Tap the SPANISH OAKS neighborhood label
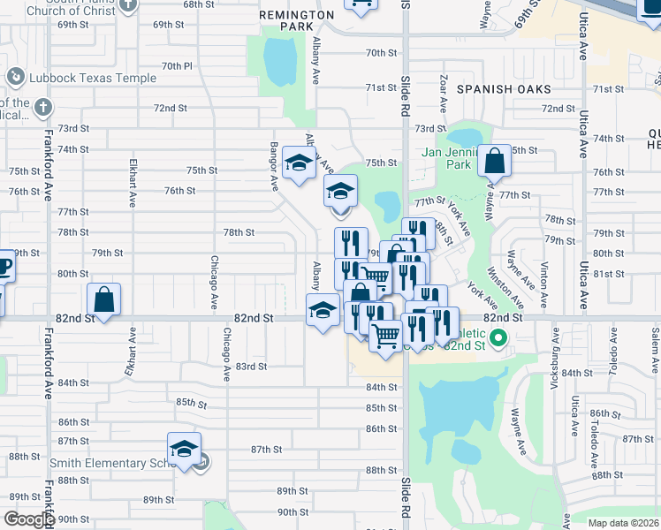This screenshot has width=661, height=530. (504, 89)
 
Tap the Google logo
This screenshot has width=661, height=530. (28, 519)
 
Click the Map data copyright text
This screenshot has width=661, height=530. (622, 522)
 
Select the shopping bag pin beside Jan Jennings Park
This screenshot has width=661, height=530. (495, 161)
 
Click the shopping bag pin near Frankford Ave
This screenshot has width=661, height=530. (104, 299)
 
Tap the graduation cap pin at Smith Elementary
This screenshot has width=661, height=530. (184, 450)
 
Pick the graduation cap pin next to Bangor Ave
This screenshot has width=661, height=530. (299, 163)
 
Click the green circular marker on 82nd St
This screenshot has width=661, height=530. (498, 337)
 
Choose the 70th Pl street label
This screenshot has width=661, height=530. (177, 66)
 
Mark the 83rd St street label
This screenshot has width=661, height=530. (251, 367)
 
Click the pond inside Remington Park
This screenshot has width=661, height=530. (280, 59)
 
